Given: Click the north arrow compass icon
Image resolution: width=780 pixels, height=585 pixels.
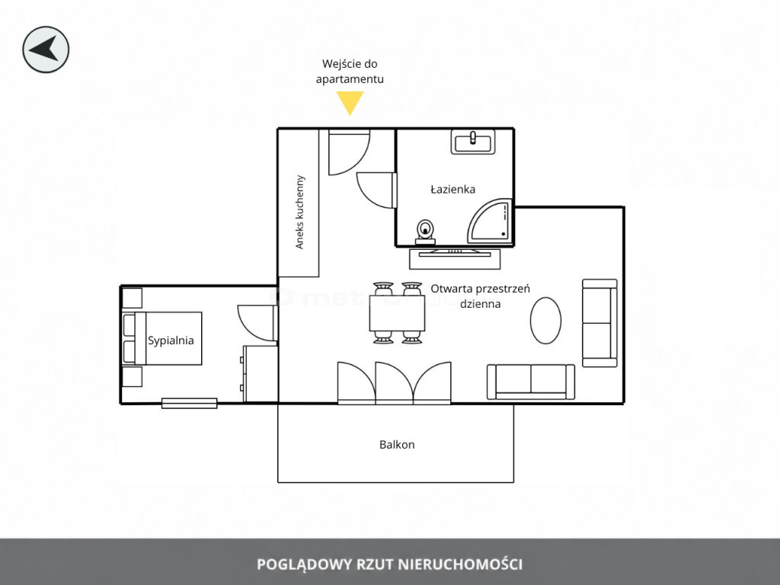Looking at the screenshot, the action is (46, 50).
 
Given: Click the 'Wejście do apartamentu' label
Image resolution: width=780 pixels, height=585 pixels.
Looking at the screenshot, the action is (350, 71).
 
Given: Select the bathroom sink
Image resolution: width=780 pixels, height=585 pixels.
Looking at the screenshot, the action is (473, 141).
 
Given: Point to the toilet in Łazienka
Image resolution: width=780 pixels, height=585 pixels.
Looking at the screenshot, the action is (425, 232).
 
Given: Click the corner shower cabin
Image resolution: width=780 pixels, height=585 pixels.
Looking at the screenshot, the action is (490, 222).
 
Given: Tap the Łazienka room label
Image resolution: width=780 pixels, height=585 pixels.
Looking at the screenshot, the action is (452, 189).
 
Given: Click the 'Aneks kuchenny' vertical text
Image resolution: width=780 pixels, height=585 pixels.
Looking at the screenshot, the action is (299, 212).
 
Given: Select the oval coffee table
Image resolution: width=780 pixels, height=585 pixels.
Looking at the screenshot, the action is (545, 321).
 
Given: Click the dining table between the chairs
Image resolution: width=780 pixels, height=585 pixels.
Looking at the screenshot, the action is (397, 313).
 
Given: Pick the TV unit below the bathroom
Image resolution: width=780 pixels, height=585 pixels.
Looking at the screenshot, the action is (455, 258).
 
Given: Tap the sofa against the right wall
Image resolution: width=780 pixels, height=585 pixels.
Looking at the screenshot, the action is (600, 323).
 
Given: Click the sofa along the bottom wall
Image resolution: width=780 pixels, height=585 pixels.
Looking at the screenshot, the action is (531, 382).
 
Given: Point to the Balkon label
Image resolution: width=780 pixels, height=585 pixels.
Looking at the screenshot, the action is (397, 445).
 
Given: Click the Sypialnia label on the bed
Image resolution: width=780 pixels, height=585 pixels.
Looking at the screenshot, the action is (171, 340).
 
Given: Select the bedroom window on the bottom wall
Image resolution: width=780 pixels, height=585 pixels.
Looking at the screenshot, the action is (190, 403).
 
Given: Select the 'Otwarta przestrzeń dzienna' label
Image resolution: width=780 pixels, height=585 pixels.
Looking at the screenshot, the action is (481, 296).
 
